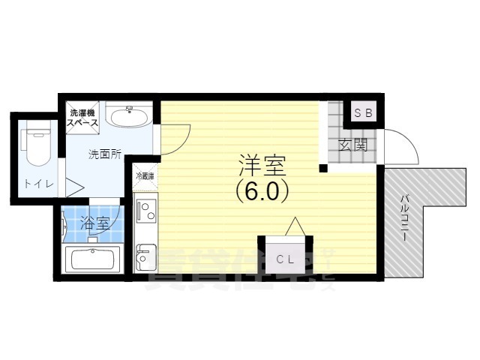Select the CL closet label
click(283, 259)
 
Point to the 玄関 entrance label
click(352, 145)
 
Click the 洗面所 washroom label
click(105, 154)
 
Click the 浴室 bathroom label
click(94, 223)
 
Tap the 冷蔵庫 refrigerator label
click(145, 176)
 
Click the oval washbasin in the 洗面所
click(128, 115)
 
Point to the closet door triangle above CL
click(295, 226)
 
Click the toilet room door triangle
click(73, 187)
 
